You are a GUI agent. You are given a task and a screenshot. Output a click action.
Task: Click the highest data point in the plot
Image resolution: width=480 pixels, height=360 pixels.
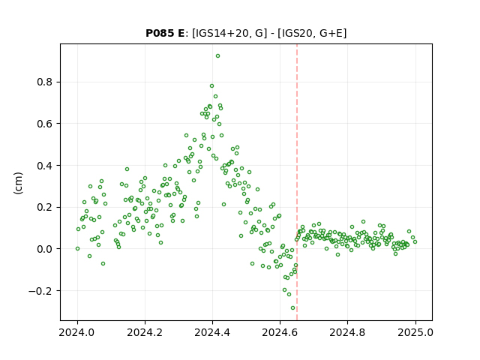[x=217, y=56]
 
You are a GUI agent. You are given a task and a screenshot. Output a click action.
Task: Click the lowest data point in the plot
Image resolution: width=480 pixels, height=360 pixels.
[x=292, y=308]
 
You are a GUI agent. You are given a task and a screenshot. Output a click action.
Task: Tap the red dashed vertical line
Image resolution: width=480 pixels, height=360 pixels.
[x=297, y=182]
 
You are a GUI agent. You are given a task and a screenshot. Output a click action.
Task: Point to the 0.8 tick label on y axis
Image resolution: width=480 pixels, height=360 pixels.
[x=45, y=82]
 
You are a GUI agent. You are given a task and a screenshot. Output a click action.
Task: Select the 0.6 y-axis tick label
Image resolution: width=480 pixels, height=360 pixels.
[x=45, y=124]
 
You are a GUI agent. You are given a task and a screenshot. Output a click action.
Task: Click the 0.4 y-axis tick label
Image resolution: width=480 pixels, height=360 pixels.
[x=45, y=166]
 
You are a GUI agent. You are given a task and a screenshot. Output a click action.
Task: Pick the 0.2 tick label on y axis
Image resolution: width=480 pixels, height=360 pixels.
[x=45, y=207]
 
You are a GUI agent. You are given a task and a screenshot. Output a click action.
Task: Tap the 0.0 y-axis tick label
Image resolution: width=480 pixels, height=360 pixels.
[x=45, y=249]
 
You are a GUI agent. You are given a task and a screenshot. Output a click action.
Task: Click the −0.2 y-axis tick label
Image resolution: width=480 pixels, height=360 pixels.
[x=40, y=291]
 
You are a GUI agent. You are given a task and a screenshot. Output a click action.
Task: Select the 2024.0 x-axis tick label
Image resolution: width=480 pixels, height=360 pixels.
[x=77, y=332]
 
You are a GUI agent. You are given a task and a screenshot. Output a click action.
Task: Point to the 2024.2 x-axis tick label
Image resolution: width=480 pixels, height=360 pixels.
[x=145, y=332]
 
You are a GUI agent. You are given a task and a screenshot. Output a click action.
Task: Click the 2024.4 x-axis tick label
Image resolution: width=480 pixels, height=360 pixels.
[x=212, y=332]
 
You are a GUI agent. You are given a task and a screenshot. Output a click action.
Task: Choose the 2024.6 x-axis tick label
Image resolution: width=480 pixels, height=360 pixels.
[x=280, y=332]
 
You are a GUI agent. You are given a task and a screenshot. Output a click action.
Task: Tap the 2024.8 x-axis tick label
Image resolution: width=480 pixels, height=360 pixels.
[x=347, y=332]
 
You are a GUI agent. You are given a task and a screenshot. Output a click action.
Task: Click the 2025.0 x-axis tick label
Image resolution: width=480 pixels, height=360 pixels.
[x=415, y=332]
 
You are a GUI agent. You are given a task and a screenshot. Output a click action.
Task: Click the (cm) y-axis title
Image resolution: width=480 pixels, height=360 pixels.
[x=18, y=183]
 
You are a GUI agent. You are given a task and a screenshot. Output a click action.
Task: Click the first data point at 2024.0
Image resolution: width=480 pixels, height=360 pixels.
[x=77, y=248]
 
